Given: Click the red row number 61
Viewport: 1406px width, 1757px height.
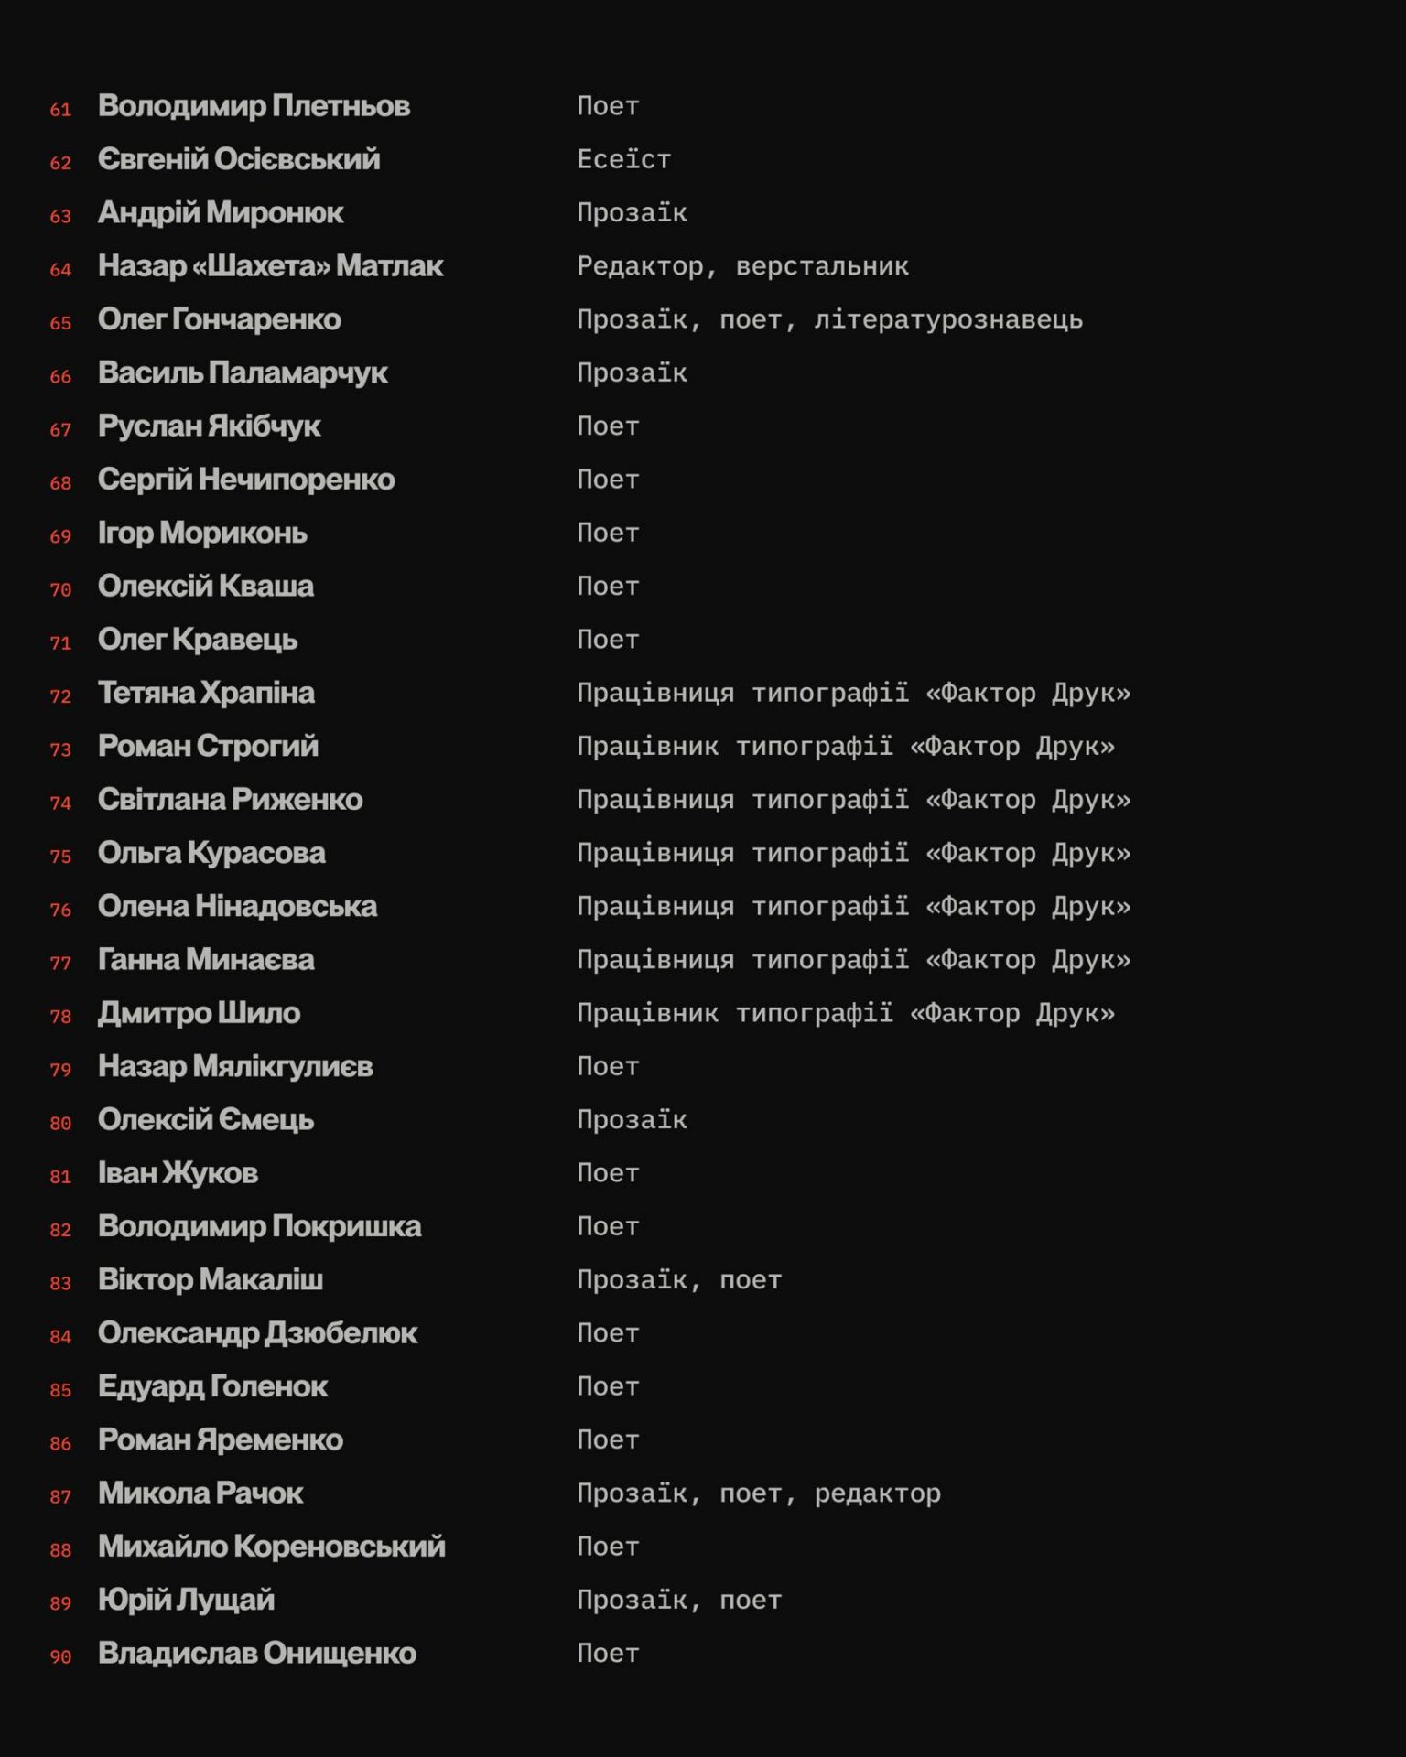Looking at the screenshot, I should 60,110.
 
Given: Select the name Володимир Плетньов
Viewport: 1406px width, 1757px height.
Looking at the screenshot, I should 254,106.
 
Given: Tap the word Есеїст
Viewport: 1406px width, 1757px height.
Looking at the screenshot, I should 623,160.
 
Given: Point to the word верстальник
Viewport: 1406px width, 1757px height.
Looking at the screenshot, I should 822,266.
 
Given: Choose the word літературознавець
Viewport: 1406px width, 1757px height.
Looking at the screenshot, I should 947,320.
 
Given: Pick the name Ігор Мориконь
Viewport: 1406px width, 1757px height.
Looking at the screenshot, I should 202,533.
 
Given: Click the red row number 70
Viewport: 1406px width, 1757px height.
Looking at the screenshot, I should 60,589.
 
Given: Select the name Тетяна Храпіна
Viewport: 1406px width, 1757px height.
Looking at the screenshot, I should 206,693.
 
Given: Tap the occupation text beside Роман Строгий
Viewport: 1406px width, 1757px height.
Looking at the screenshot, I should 845,747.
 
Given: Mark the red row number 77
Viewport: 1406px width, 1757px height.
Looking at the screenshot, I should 60,963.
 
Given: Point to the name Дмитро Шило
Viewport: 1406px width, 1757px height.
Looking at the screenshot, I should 199,1013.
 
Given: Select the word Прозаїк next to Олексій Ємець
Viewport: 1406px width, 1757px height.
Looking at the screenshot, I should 632,1120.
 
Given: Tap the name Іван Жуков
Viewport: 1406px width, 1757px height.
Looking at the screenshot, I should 178,1173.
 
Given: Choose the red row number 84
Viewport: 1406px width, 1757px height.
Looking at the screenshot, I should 60,1337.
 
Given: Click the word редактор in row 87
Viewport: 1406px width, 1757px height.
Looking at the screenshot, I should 877,1493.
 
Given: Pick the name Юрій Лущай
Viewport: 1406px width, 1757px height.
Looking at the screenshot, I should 186,1600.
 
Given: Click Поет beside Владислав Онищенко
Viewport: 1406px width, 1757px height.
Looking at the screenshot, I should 608,1654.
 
